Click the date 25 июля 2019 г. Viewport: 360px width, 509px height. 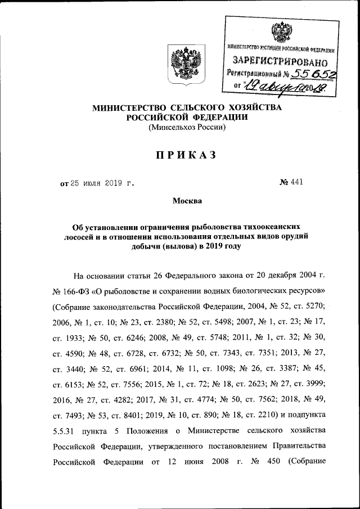click(x=102, y=183)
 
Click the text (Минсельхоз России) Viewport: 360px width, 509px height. click(x=187, y=128)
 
